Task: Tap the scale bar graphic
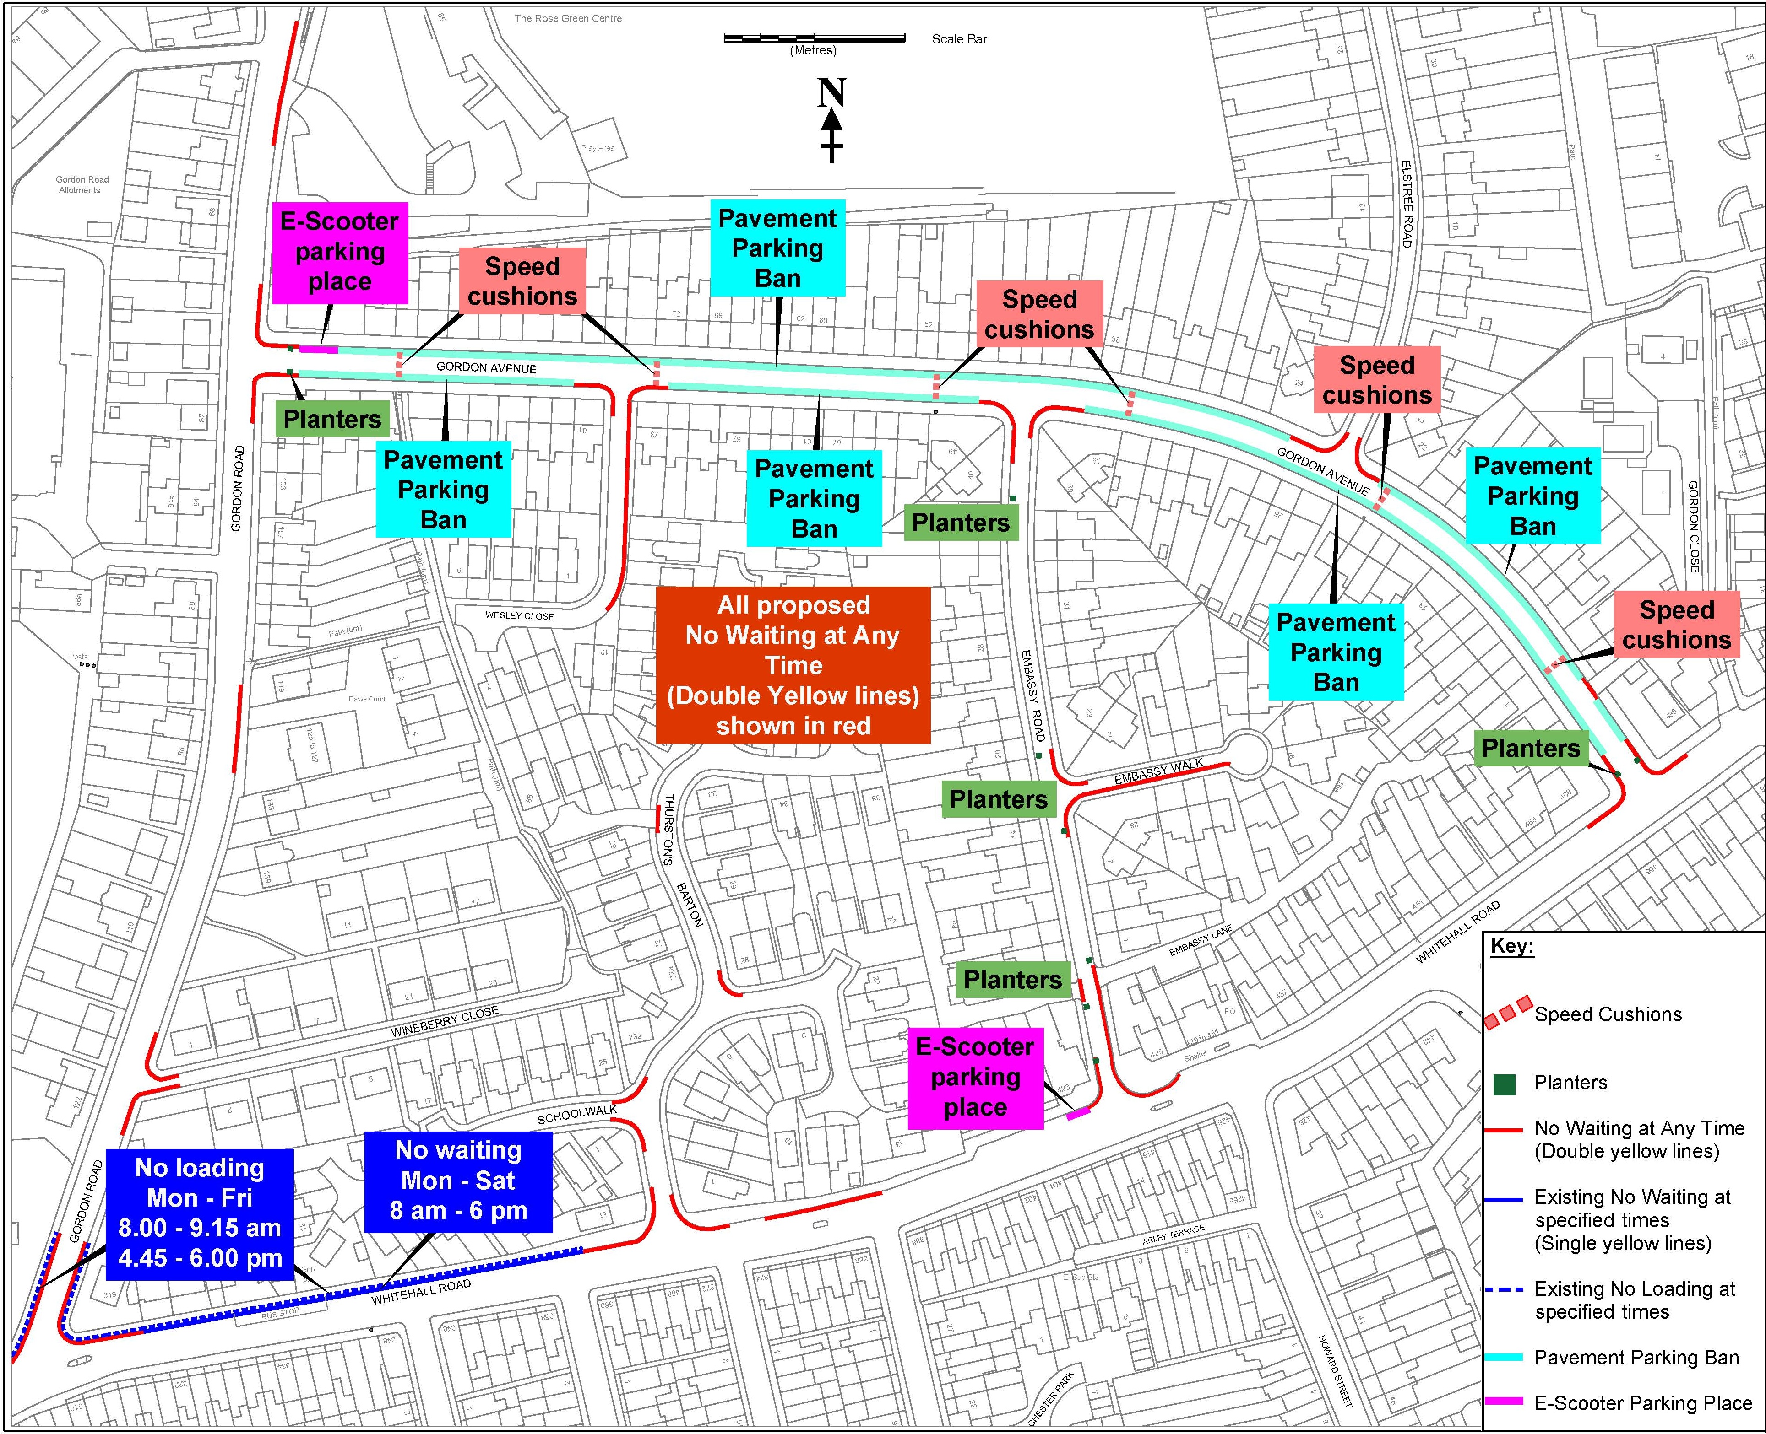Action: tap(814, 38)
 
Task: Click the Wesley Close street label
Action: tap(519, 615)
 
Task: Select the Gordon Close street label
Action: tap(1693, 526)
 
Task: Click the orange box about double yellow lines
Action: tap(793, 665)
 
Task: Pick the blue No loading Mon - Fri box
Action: tap(200, 1213)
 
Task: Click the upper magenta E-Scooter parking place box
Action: tap(340, 252)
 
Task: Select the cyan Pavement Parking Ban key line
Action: tap(1503, 1357)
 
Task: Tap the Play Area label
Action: tap(598, 148)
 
